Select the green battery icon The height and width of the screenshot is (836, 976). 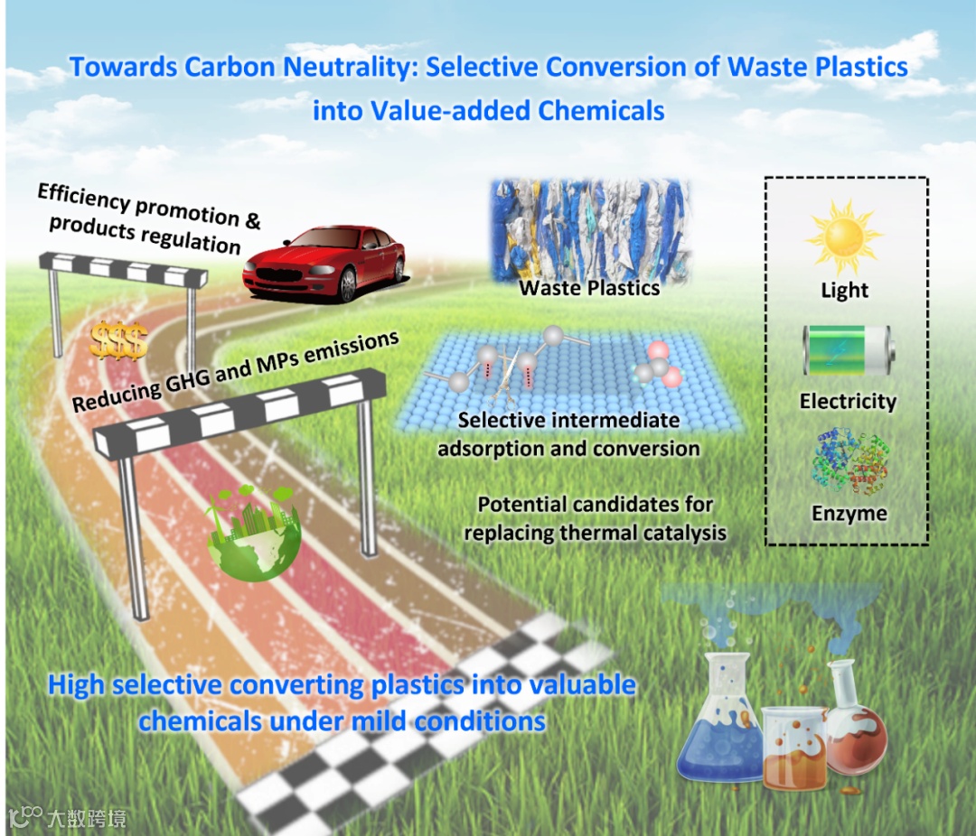(x=847, y=352)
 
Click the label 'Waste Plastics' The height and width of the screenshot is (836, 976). (x=589, y=289)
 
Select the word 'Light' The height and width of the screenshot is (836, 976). (x=845, y=291)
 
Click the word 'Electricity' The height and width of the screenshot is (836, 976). (x=848, y=402)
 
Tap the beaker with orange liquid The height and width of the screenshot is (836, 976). (x=793, y=749)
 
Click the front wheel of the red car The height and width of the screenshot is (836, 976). (x=347, y=284)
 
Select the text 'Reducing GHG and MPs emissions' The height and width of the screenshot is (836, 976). (x=235, y=372)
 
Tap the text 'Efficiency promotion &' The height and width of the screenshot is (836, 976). (x=150, y=207)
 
